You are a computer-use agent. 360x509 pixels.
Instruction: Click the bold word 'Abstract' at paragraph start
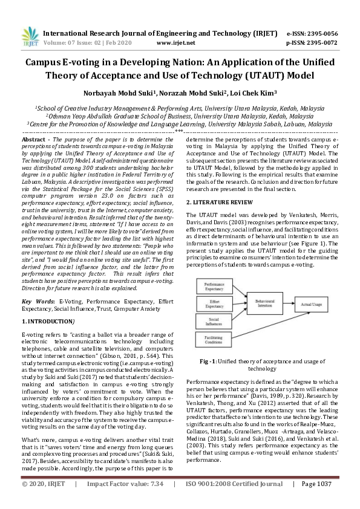pyautogui.click(x=34, y=138)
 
